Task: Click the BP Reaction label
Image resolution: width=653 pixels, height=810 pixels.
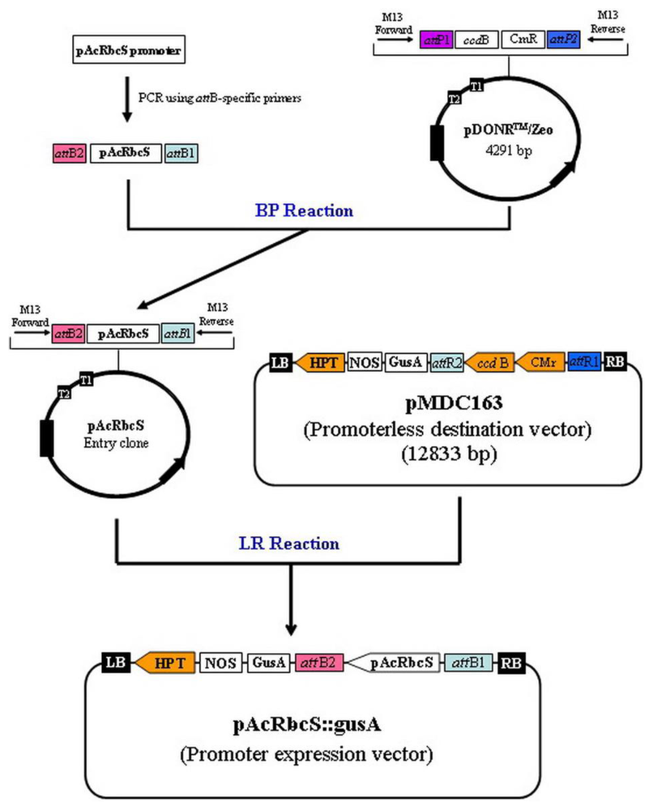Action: point(316,211)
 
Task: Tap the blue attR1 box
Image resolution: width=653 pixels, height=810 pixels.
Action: point(584,362)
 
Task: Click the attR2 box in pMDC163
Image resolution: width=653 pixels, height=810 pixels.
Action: point(447,362)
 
